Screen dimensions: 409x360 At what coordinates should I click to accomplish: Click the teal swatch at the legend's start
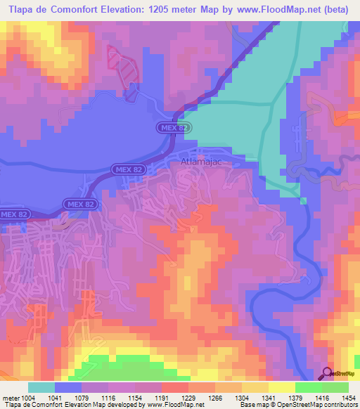coord(41,387)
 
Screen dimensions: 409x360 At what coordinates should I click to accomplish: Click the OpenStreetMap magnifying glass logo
coord(326,373)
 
